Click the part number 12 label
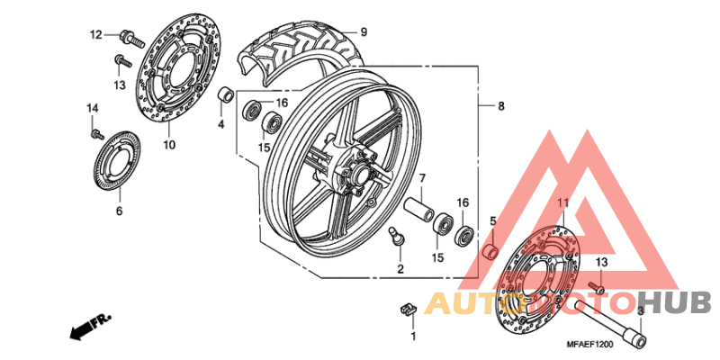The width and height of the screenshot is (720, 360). pyautogui.click(x=95, y=34)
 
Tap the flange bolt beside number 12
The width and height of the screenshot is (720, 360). pyautogui.click(x=131, y=39)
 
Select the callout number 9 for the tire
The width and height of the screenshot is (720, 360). pyautogui.click(x=364, y=32)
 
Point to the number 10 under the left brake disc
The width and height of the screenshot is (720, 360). pyautogui.click(x=169, y=145)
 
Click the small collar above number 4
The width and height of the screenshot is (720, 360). pyautogui.click(x=226, y=94)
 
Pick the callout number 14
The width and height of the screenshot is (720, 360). pyautogui.click(x=93, y=108)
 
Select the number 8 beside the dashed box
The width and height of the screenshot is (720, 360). pyautogui.click(x=501, y=106)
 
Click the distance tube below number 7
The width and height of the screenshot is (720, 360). pyautogui.click(x=418, y=209)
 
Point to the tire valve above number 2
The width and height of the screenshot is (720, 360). pyautogui.click(x=396, y=235)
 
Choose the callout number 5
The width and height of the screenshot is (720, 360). pyautogui.click(x=492, y=221)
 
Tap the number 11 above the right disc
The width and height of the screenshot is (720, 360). pyautogui.click(x=563, y=202)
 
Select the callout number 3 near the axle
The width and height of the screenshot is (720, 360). pyautogui.click(x=641, y=311)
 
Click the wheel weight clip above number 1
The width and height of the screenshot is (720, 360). pyautogui.click(x=407, y=310)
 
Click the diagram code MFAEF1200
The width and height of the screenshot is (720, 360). pyautogui.click(x=590, y=344)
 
